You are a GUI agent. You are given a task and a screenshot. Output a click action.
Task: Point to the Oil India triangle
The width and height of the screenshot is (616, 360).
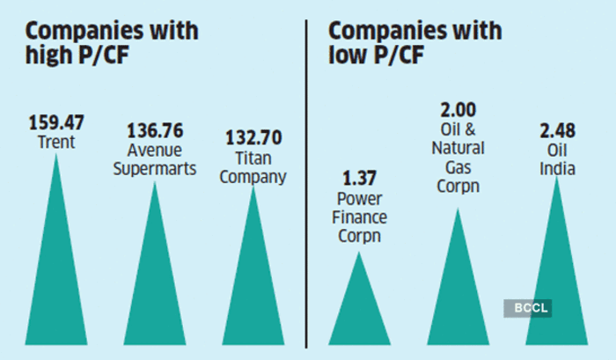pyautogui.click(x=556, y=273)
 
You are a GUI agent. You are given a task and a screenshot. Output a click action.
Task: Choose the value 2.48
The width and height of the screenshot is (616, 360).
pyautogui.click(x=556, y=131)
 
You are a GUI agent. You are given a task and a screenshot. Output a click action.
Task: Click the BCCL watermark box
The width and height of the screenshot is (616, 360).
pyautogui.click(x=521, y=307)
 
